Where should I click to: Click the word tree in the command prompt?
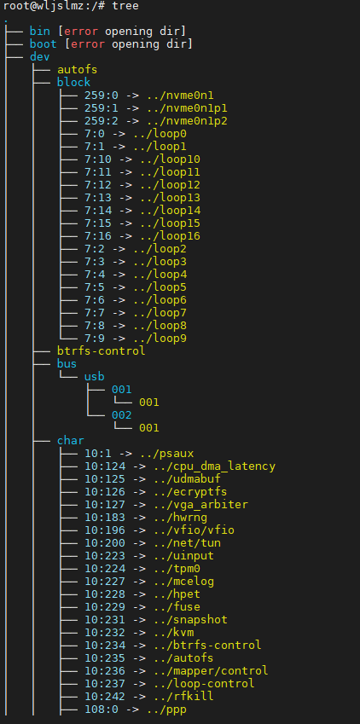(x=125, y=6)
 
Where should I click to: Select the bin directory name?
(x=40, y=32)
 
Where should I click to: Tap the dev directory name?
(x=40, y=57)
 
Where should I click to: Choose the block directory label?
(x=74, y=83)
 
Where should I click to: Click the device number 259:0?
(x=102, y=96)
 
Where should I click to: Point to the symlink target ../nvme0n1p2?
(x=187, y=121)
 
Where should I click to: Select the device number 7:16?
(x=98, y=236)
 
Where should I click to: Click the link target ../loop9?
(x=160, y=339)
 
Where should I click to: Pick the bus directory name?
(x=67, y=364)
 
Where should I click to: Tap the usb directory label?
(x=95, y=376)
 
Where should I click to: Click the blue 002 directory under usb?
(x=121, y=415)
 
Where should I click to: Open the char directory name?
(x=71, y=441)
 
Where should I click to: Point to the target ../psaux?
(x=170, y=454)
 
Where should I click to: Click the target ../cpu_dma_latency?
(x=214, y=466)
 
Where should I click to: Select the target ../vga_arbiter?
(x=200, y=505)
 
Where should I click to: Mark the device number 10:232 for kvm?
(x=105, y=633)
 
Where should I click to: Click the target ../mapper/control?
(x=211, y=671)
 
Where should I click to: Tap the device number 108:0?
(x=102, y=710)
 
